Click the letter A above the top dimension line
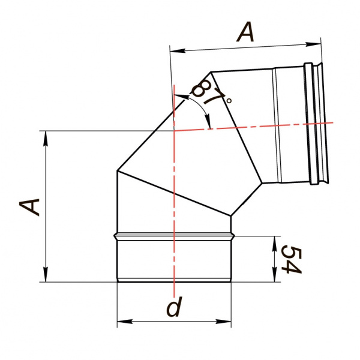245,32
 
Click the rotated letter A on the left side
29,208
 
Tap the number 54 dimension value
291,259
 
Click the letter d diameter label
174,307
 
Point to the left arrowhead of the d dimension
125,321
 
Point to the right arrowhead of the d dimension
223,321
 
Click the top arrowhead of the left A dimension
46,139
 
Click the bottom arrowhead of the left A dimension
46,274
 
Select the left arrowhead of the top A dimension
178,50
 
